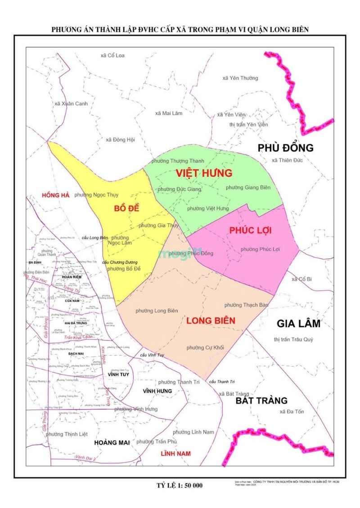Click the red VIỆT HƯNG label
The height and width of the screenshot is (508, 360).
(204, 173)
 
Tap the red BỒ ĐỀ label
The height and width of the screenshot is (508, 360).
(126, 209)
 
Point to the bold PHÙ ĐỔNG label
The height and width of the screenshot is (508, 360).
(285, 148)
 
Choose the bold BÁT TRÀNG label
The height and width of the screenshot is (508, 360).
(261, 400)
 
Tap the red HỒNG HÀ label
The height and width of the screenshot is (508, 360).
(55, 195)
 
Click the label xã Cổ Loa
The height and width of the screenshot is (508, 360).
(112, 55)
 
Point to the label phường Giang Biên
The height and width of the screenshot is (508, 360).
(248, 187)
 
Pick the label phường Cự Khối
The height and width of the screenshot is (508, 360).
(205, 348)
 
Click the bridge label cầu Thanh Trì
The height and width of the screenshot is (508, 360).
(222, 382)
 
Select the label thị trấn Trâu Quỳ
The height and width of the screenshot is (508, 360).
(296, 339)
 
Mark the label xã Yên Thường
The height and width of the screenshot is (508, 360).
(240, 78)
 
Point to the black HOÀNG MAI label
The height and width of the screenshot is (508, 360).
(112, 442)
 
